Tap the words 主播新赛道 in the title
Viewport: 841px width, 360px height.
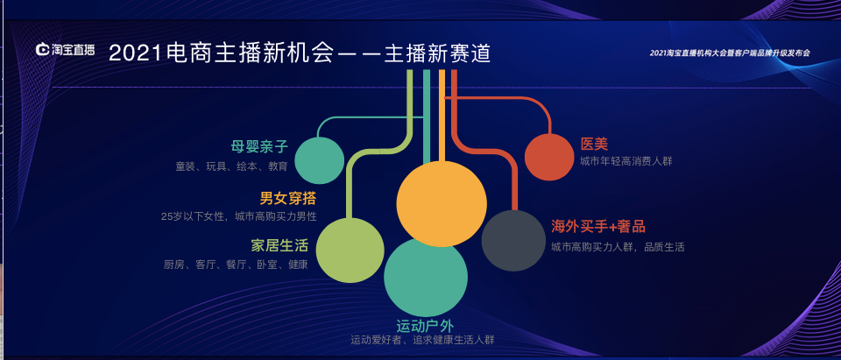(436, 53)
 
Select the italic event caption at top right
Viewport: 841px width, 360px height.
(730, 53)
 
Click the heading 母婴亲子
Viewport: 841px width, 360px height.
(259, 146)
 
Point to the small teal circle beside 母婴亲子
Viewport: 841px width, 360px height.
(319, 160)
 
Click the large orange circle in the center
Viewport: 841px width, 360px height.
(441, 204)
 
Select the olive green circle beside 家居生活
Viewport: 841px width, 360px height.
(350, 251)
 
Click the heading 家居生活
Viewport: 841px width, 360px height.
(279, 245)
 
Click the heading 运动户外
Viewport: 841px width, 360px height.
(425, 325)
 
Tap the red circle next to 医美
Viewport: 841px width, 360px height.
(548, 157)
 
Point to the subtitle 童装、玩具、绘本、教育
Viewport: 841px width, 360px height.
(231, 166)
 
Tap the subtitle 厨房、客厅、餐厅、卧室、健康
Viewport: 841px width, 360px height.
(235, 265)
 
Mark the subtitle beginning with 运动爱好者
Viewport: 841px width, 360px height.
(423, 340)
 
